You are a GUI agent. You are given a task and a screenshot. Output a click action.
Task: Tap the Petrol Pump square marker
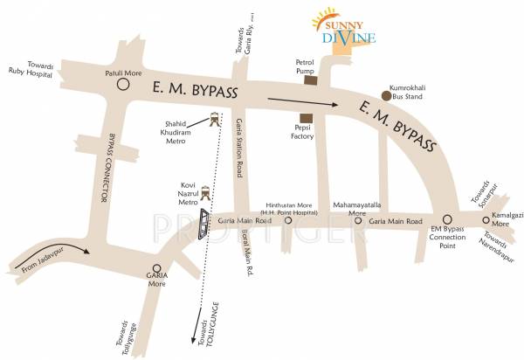(x=310, y=80)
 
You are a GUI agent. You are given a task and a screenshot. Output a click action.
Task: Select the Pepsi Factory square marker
(x=305, y=118)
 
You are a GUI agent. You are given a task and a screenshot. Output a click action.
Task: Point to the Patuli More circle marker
(x=122, y=86)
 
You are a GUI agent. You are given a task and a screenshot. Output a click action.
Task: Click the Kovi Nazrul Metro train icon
(x=205, y=194)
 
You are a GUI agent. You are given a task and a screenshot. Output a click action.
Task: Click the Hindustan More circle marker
(x=288, y=222)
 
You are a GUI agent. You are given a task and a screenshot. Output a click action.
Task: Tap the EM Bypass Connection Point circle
(x=447, y=220)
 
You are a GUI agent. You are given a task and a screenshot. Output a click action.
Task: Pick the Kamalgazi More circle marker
(x=486, y=221)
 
